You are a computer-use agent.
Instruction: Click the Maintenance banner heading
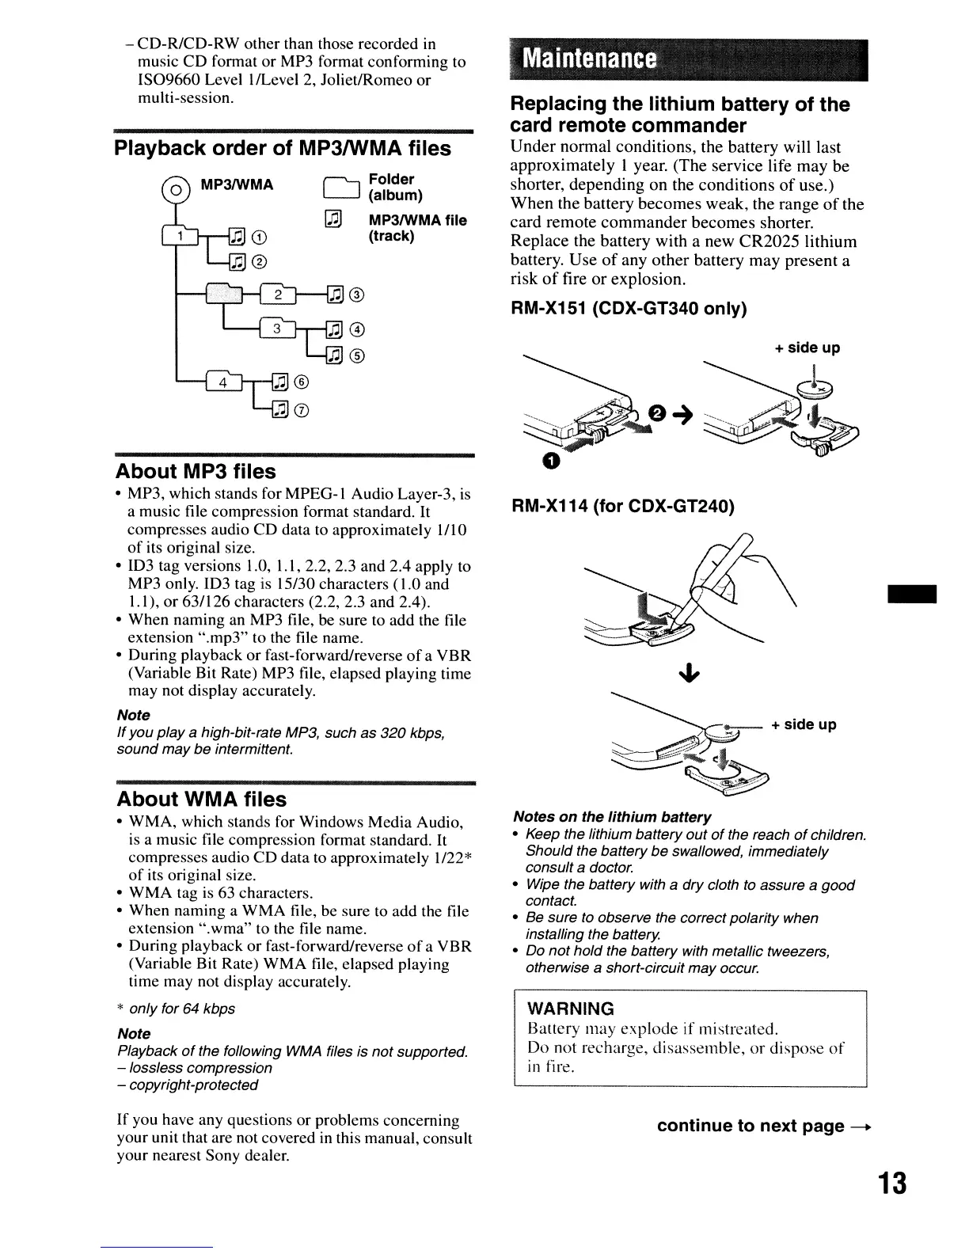[591, 59]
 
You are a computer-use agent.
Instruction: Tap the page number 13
[891, 1185]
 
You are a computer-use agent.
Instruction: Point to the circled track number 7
[301, 410]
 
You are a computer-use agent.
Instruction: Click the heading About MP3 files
[196, 472]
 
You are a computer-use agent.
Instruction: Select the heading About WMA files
[201, 799]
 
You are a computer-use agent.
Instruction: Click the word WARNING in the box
[570, 1009]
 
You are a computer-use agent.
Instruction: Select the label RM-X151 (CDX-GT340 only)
[629, 309]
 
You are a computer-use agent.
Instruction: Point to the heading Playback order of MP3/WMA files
[283, 149]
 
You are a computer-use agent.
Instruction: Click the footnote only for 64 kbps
[181, 1009]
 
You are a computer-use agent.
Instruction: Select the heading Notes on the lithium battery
[612, 817]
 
